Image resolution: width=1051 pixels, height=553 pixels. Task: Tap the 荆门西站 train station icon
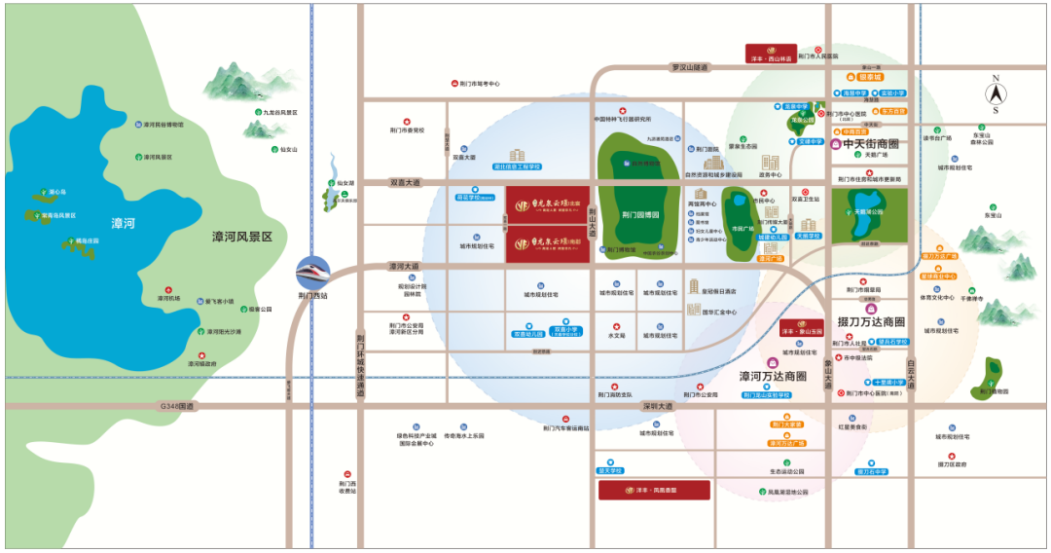(x=313, y=270)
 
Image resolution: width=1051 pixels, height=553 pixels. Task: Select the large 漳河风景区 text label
(x=256, y=237)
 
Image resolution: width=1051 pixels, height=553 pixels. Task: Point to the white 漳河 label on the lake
(x=123, y=224)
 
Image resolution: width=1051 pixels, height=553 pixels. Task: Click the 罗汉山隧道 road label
(x=691, y=67)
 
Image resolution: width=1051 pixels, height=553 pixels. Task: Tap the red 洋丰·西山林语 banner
(x=771, y=54)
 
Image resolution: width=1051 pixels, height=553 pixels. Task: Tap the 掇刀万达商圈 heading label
(x=871, y=321)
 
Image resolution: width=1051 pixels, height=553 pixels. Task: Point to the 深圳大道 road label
(x=657, y=406)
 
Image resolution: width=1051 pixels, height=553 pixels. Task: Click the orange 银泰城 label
(x=869, y=76)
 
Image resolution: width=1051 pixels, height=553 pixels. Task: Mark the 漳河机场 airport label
(x=168, y=299)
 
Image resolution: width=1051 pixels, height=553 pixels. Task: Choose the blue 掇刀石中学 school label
(x=872, y=471)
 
